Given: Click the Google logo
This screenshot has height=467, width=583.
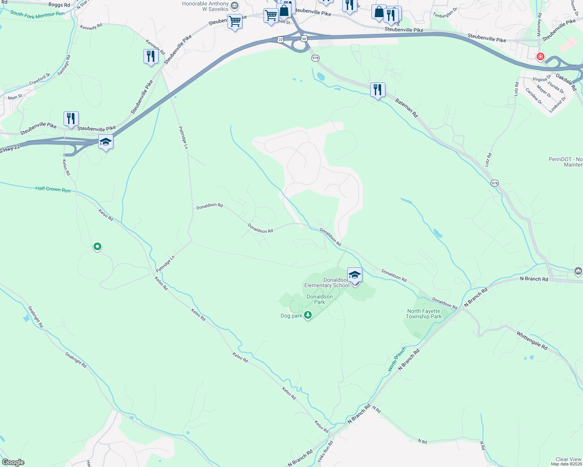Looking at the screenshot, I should click(13, 462).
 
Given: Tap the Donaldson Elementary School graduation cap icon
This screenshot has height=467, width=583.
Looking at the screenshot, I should click(355, 275).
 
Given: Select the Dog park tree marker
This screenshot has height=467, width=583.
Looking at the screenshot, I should click(308, 314).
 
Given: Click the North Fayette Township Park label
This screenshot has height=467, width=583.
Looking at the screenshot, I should click(424, 314).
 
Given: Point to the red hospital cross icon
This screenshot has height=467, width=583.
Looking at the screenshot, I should click(540, 57).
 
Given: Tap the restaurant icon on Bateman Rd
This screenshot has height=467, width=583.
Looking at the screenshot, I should click(377, 90).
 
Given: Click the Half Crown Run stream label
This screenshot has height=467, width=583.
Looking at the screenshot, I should click(53, 189).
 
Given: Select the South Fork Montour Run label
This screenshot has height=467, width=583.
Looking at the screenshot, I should click(37, 15).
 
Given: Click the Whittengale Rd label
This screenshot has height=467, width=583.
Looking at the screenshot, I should click(532, 341).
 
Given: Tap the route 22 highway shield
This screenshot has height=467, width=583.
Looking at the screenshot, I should click(281, 39).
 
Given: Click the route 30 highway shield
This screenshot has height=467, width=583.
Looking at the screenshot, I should click(304, 38).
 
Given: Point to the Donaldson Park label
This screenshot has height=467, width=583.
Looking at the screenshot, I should click(320, 299).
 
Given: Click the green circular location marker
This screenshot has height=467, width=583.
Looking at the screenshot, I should click(97, 246).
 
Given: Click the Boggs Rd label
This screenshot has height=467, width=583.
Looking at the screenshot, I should click(59, 5).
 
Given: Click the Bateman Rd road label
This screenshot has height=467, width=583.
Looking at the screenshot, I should click(406, 108).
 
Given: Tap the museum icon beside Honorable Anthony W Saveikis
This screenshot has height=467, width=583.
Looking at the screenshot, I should click(235, 5).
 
